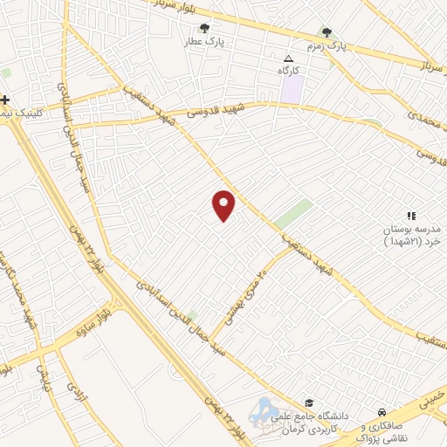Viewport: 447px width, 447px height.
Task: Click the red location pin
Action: pos(223,205)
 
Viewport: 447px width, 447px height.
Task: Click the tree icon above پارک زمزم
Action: pos(327,32)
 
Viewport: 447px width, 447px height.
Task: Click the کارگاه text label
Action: pos(288,70)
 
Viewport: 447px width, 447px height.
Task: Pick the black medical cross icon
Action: pos(6,100)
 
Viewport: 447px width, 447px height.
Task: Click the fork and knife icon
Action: pos(410,215)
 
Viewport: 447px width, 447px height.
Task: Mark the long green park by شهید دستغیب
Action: pos(293,214)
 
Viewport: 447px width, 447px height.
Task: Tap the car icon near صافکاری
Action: pos(382,412)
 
